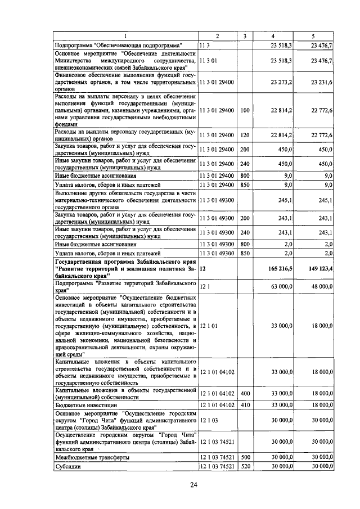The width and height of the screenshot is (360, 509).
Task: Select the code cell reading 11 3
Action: point(204,46)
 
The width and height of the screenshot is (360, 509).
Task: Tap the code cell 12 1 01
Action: point(209,325)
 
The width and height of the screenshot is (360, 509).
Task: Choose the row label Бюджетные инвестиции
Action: point(85,404)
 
